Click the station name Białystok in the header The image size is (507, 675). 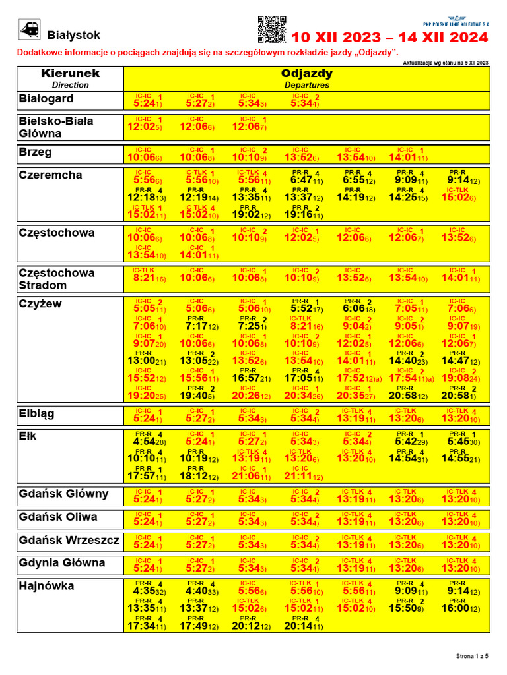coord(74,35)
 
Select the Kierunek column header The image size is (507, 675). coord(70,73)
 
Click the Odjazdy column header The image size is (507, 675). coord(307,73)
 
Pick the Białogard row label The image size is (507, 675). coord(46,99)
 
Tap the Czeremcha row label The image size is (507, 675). coord(51,175)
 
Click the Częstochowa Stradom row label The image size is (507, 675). coord(57,279)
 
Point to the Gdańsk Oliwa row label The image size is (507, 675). coord(58,517)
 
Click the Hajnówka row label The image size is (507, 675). coord(46,586)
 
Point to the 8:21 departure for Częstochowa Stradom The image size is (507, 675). coord(147,279)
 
